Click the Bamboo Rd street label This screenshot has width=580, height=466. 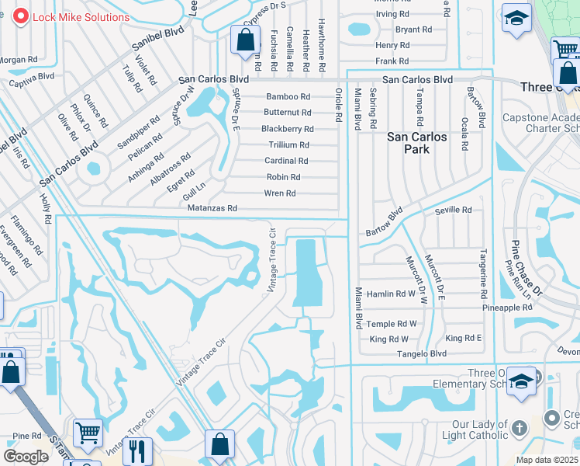(288, 97)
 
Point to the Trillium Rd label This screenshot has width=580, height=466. (288, 145)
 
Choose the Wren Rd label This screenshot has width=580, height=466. (280, 193)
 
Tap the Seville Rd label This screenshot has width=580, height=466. (453, 210)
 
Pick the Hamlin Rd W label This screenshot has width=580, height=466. (392, 294)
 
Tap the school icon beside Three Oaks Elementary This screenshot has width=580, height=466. (522, 381)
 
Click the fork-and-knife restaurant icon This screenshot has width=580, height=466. (137, 452)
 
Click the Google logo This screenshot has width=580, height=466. (26, 457)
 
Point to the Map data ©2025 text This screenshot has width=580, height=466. (547, 460)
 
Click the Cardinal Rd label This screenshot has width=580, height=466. (287, 161)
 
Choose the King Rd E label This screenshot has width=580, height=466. (463, 339)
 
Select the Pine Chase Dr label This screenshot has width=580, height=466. (526, 268)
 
